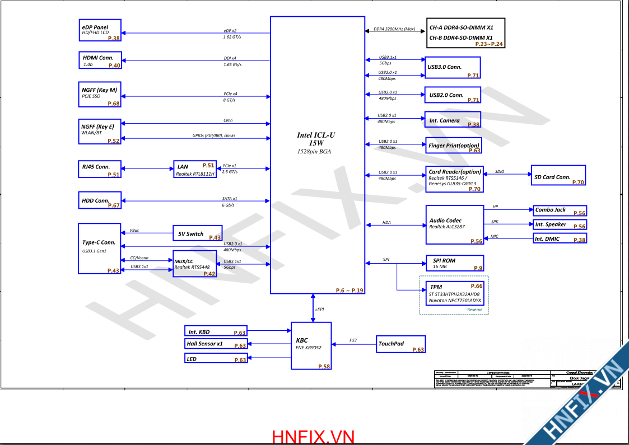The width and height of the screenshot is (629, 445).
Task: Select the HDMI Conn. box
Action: [x=100, y=60]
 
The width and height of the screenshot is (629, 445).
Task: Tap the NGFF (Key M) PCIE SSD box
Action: [x=100, y=94]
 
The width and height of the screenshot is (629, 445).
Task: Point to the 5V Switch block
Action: [x=197, y=233]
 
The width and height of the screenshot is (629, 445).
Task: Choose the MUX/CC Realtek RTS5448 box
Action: [x=194, y=264]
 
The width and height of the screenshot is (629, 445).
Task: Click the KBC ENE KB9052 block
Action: [x=311, y=345]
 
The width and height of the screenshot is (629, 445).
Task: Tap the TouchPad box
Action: [x=401, y=344]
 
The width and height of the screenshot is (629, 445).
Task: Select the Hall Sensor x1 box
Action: [x=216, y=344]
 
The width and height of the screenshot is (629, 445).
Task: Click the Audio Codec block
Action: [x=454, y=224]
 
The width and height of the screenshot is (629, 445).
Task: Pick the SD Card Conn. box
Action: [x=558, y=176]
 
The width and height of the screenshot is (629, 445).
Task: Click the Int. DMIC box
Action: [x=559, y=239]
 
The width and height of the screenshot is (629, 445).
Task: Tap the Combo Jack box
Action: [x=559, y=210]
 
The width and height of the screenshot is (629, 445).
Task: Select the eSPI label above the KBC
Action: [x=319, y=309]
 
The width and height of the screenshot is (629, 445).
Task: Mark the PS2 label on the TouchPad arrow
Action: [x=353, y=340]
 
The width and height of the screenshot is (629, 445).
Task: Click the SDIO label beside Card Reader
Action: [x=500, y=172]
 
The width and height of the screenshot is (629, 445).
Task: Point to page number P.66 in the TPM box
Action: [x=476, y=286]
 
